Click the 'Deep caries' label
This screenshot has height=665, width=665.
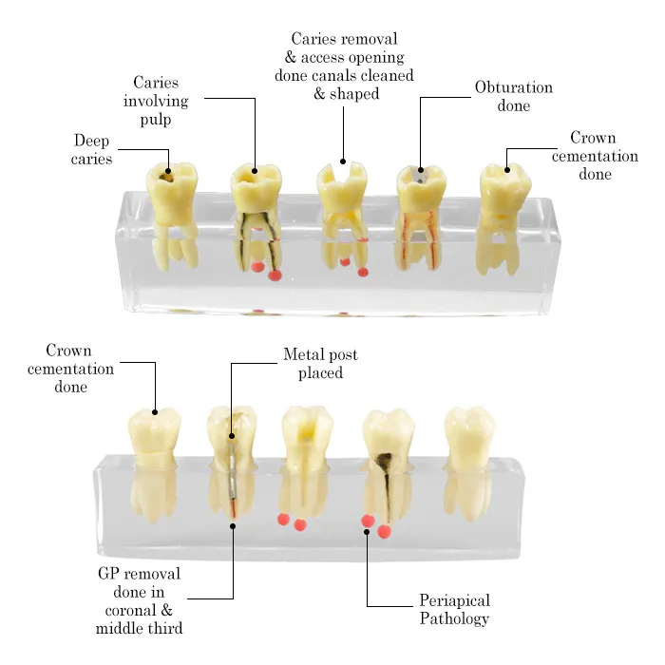point(91,149)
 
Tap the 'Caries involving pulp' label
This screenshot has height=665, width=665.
point(156,101)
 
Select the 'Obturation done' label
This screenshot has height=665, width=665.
point(514,96)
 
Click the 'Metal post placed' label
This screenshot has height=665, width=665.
point(321,364)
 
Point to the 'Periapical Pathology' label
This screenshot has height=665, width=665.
point(455,609)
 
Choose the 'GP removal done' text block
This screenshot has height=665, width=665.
point(139,600)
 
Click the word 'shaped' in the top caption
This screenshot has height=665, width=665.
point(354,94)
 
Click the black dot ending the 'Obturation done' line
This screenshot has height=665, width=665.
point(421,170)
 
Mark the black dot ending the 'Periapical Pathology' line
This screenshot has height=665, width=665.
point(367,532)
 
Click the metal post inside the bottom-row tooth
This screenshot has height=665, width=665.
point(231,471)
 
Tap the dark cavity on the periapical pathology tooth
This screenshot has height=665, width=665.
point(385,462)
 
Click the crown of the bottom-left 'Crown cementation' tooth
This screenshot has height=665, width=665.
point(155,436)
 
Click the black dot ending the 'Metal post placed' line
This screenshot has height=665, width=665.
point(232,436)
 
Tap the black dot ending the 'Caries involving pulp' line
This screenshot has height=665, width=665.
point(255,171)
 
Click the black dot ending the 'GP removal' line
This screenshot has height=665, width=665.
point(233,526)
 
